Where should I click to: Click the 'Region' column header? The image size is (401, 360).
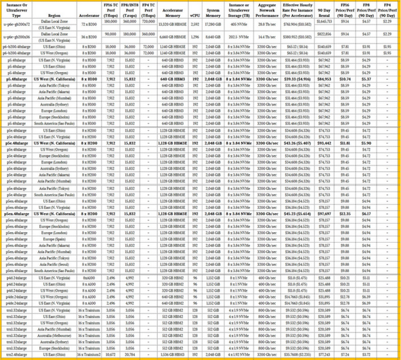(x=54, y=13)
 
